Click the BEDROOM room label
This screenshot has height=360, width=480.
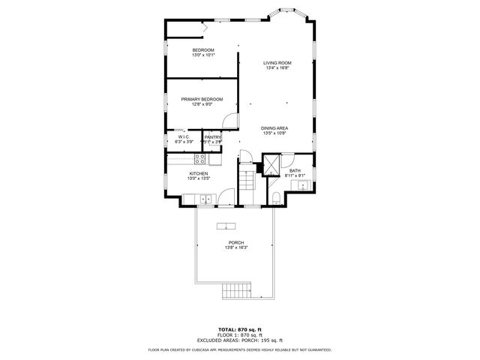point(202,50)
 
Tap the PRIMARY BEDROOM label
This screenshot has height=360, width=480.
point(202,99)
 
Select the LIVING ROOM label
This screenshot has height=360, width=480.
point(277,63)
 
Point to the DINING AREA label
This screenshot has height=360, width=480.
point(274,128)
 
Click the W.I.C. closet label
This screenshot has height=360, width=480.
point(184,137)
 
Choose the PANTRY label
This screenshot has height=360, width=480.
point(213,137)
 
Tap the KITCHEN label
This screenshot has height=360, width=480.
point(198,173)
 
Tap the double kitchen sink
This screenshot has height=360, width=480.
point(204,199)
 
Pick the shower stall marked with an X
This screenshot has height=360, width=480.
point(271,164)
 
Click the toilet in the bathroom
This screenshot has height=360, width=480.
point(276,198)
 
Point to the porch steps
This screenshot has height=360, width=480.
point(238,291)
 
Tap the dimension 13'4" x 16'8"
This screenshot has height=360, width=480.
point(277,68)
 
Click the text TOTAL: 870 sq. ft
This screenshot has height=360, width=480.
point(239,329)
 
